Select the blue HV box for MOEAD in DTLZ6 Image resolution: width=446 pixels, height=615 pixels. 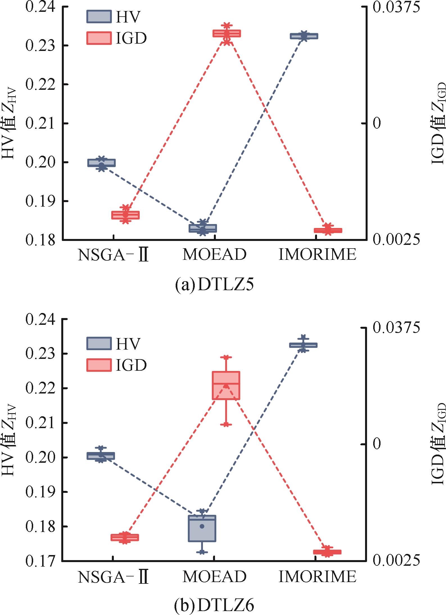click(202, 528)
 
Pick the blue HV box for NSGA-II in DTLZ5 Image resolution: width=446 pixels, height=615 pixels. click(101, 163)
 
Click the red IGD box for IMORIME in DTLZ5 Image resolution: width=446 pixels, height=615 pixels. click(328, 230)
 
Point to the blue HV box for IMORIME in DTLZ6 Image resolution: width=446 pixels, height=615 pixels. click(303, 345)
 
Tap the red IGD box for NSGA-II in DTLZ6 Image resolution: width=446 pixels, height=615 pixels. click(125, 537)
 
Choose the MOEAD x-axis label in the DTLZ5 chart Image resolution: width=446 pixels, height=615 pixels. click(214, 254)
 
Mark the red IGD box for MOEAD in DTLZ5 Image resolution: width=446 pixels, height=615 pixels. click(227, 33)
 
